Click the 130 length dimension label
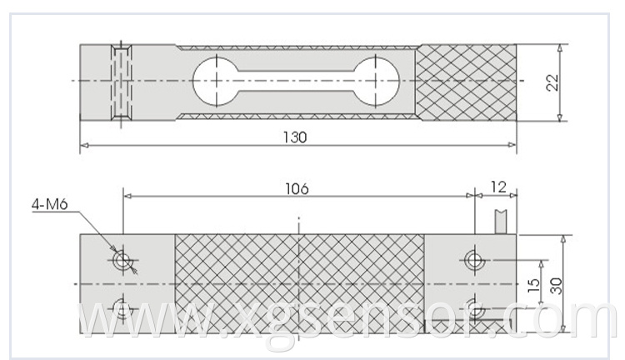[x=295, y=137]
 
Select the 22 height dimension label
[x=552, y=83]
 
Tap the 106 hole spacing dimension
[x=297, y=188]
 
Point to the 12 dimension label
[x=498, y=187]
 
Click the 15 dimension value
[x=533, y=285]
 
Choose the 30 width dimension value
[x=556, y=286]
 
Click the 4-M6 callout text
[x=50, y=204]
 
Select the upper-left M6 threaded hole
[x=122, y=261]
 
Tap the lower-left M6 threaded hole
[x=122, y=308]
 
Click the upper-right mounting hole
[x=474, y=260]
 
